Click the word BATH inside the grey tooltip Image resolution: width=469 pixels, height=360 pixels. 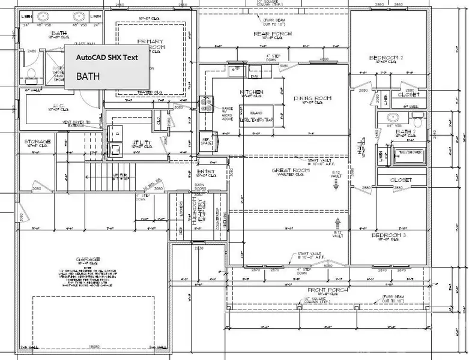point(88,77)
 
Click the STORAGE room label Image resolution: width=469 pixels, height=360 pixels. point(37,142)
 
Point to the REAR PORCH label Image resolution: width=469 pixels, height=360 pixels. point(273,34)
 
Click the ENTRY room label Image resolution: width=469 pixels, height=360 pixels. point(206,172)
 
